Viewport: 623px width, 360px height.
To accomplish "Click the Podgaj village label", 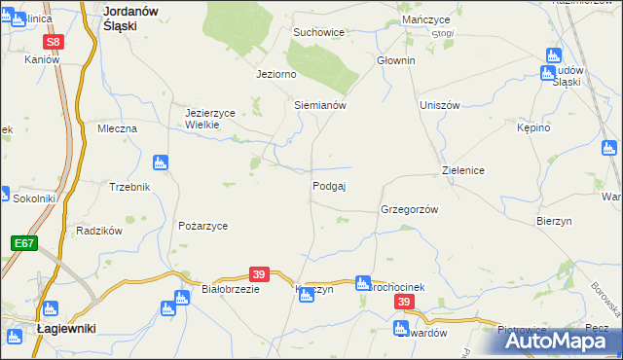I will pos(330,186).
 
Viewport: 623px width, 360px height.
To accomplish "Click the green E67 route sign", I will pos(24,241).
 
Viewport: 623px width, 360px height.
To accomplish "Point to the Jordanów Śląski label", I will pos(132,18).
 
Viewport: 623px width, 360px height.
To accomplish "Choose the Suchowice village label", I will pos(319,32).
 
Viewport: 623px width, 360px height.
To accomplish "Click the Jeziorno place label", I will pos(275,74).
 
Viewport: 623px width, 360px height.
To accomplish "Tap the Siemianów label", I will pos(320,105).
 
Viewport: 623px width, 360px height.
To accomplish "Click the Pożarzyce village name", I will pos(202,226).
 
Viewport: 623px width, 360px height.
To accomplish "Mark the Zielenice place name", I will pos(463,170).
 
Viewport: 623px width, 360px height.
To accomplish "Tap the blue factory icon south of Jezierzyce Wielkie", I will pos(162,162).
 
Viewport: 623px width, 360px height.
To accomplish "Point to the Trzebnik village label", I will pos(129,187).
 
